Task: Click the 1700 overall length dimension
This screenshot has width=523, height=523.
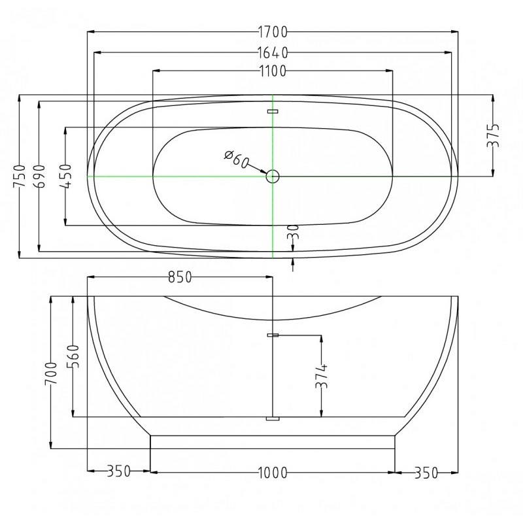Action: (x=273, y=32)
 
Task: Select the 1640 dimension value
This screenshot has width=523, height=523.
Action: (x=273, y=53)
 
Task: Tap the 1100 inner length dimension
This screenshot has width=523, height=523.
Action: (x=273, y=71)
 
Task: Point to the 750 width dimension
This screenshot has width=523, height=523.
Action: (x=20, y=177)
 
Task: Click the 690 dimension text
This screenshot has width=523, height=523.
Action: (x=39, y=176)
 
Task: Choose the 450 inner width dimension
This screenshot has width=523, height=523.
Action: (x=66, y=176)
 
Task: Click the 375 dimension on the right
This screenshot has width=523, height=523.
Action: (x=493, y=135)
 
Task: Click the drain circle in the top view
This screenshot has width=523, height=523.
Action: (x=273, y=176)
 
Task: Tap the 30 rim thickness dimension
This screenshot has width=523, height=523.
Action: (x=293, y=232)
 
